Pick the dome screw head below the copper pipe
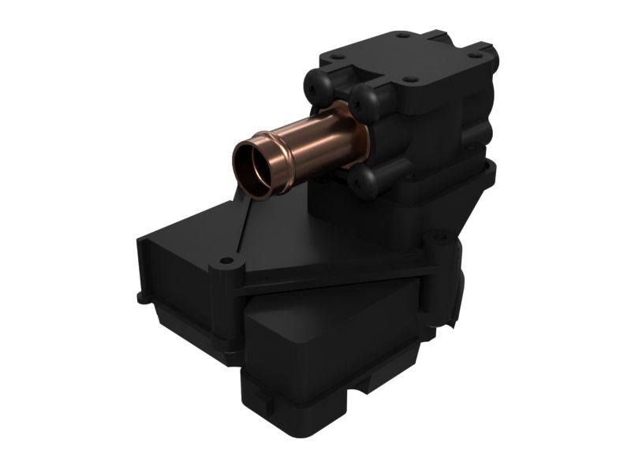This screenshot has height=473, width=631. pyautogui.click(x=364, y=181)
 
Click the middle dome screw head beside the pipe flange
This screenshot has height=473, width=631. pyautogui.click(x=365, y=100)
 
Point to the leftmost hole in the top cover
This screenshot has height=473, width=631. pyautogui.click(x=336, y=57)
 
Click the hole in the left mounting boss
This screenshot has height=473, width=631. pyautogui.click(x=226, y=260)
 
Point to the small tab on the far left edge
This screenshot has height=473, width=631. pyautogui.click(x=141, y=298)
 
